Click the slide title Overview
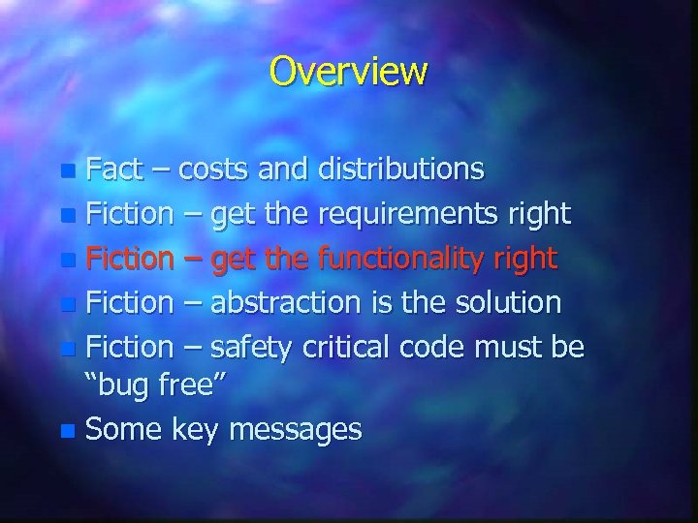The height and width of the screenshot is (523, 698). (348, 71)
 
